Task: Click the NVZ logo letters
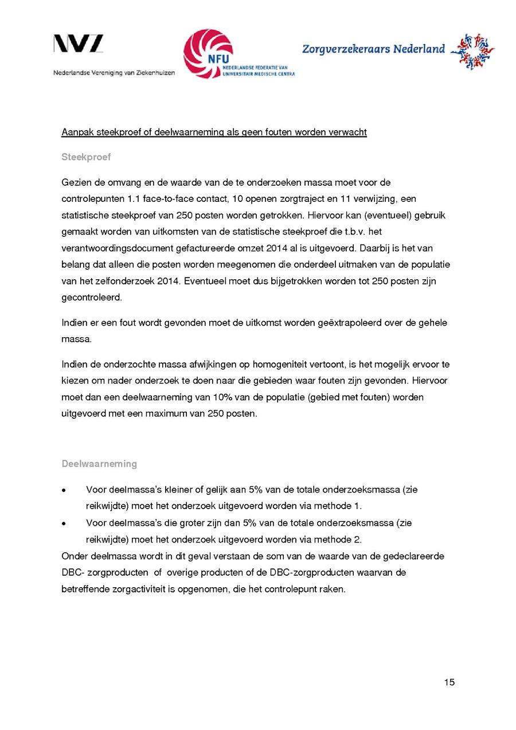coord(79,44)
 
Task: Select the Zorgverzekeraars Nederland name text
coord(373,49)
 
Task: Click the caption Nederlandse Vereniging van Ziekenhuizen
coord(114,73)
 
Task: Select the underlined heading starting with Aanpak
coord(214,132)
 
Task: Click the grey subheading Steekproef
coord(86,157)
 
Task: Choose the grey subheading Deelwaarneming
coord(99,463)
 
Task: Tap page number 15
coord(449,682)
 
